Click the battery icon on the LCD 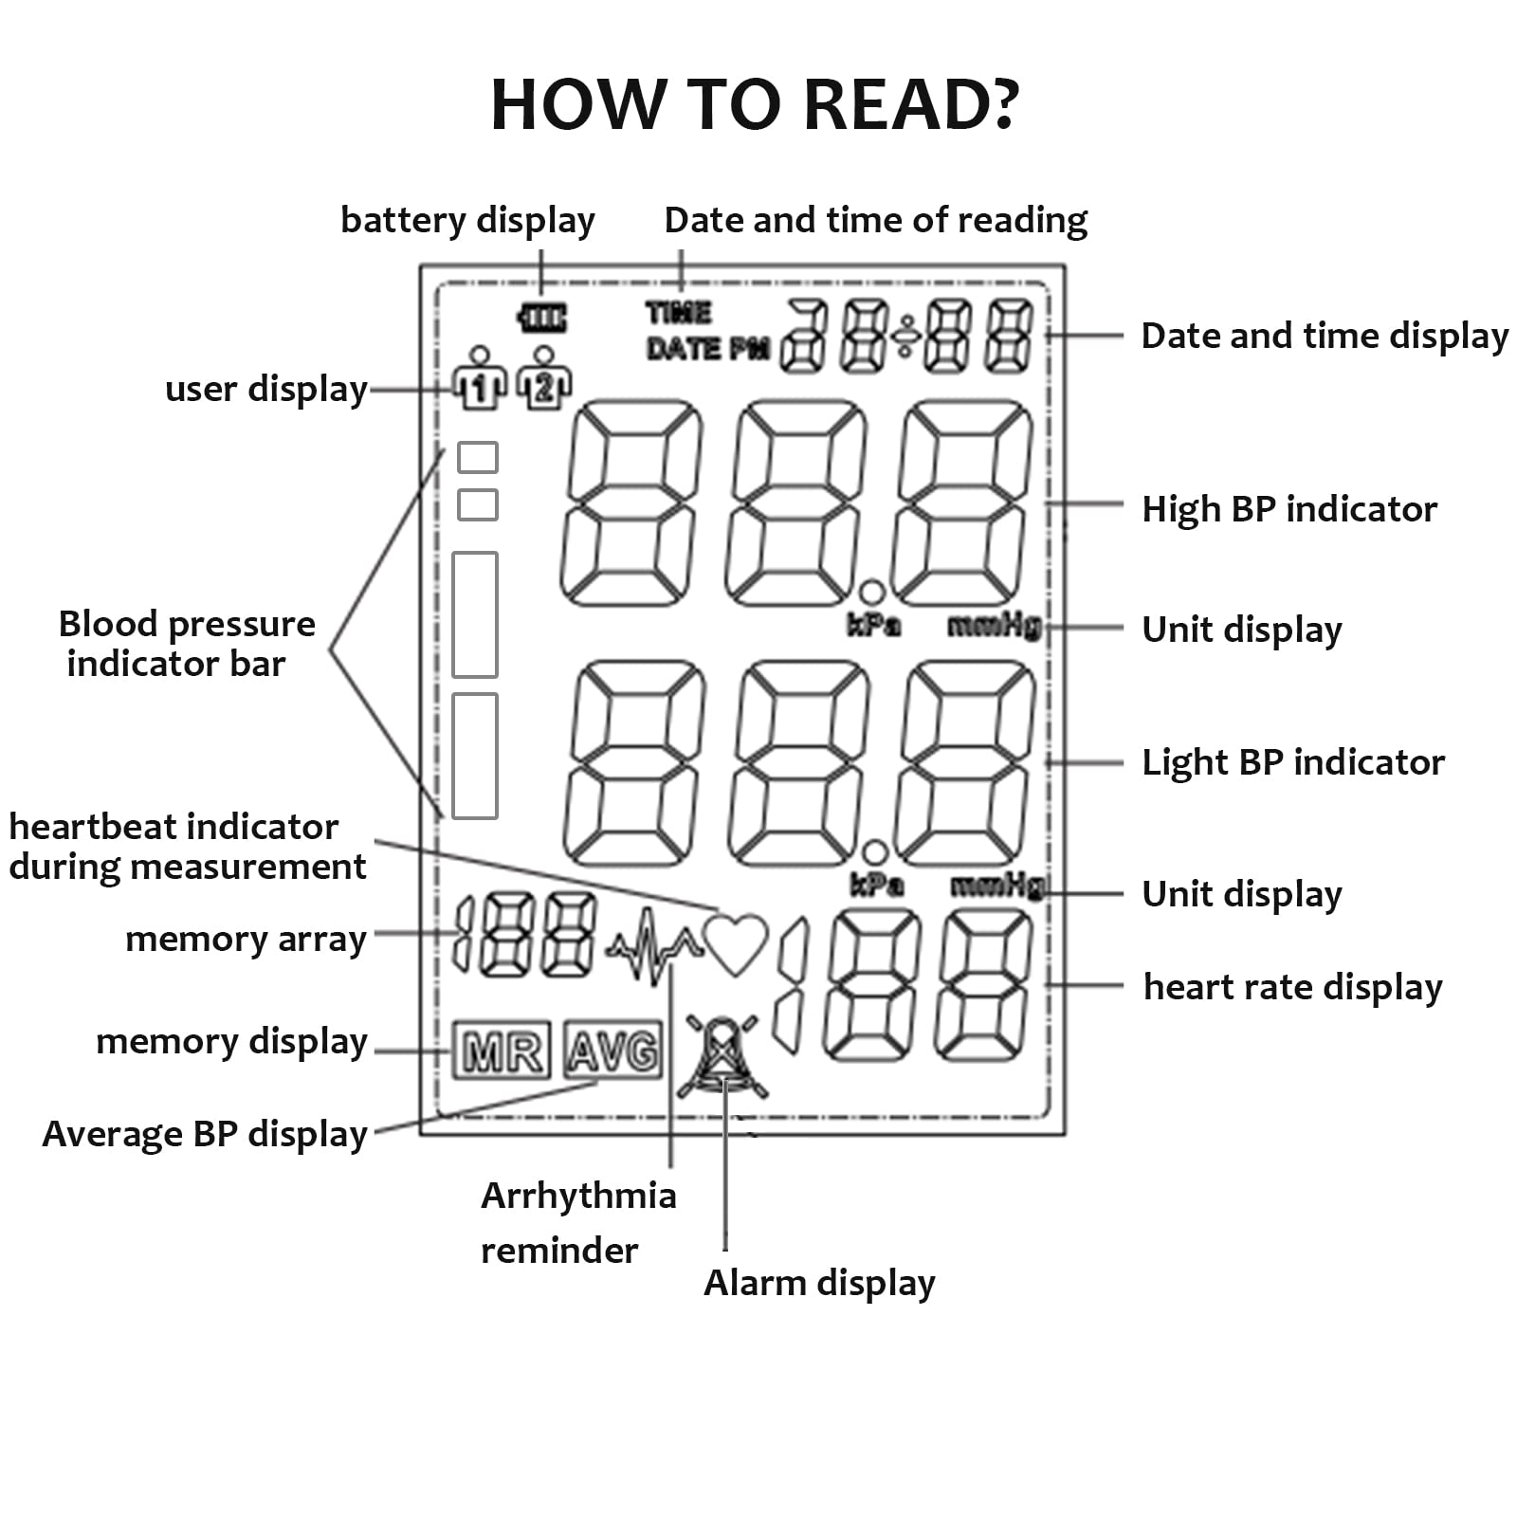point(542,318)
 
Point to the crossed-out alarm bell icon point(722,1056)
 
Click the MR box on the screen point(502,1050)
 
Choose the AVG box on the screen point(612,1050)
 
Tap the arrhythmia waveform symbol point(654,946)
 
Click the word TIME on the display point(679,313)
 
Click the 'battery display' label point(467,221)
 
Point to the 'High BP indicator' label point(1289,509)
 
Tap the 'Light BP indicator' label point(1293,762)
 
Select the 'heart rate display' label point(1293,987)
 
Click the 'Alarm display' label point(819,1283)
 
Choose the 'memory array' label point(246,940)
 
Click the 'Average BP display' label point(205,1134)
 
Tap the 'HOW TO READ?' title point(755,103)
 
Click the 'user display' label point(266,390)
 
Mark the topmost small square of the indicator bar point(478,457)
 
